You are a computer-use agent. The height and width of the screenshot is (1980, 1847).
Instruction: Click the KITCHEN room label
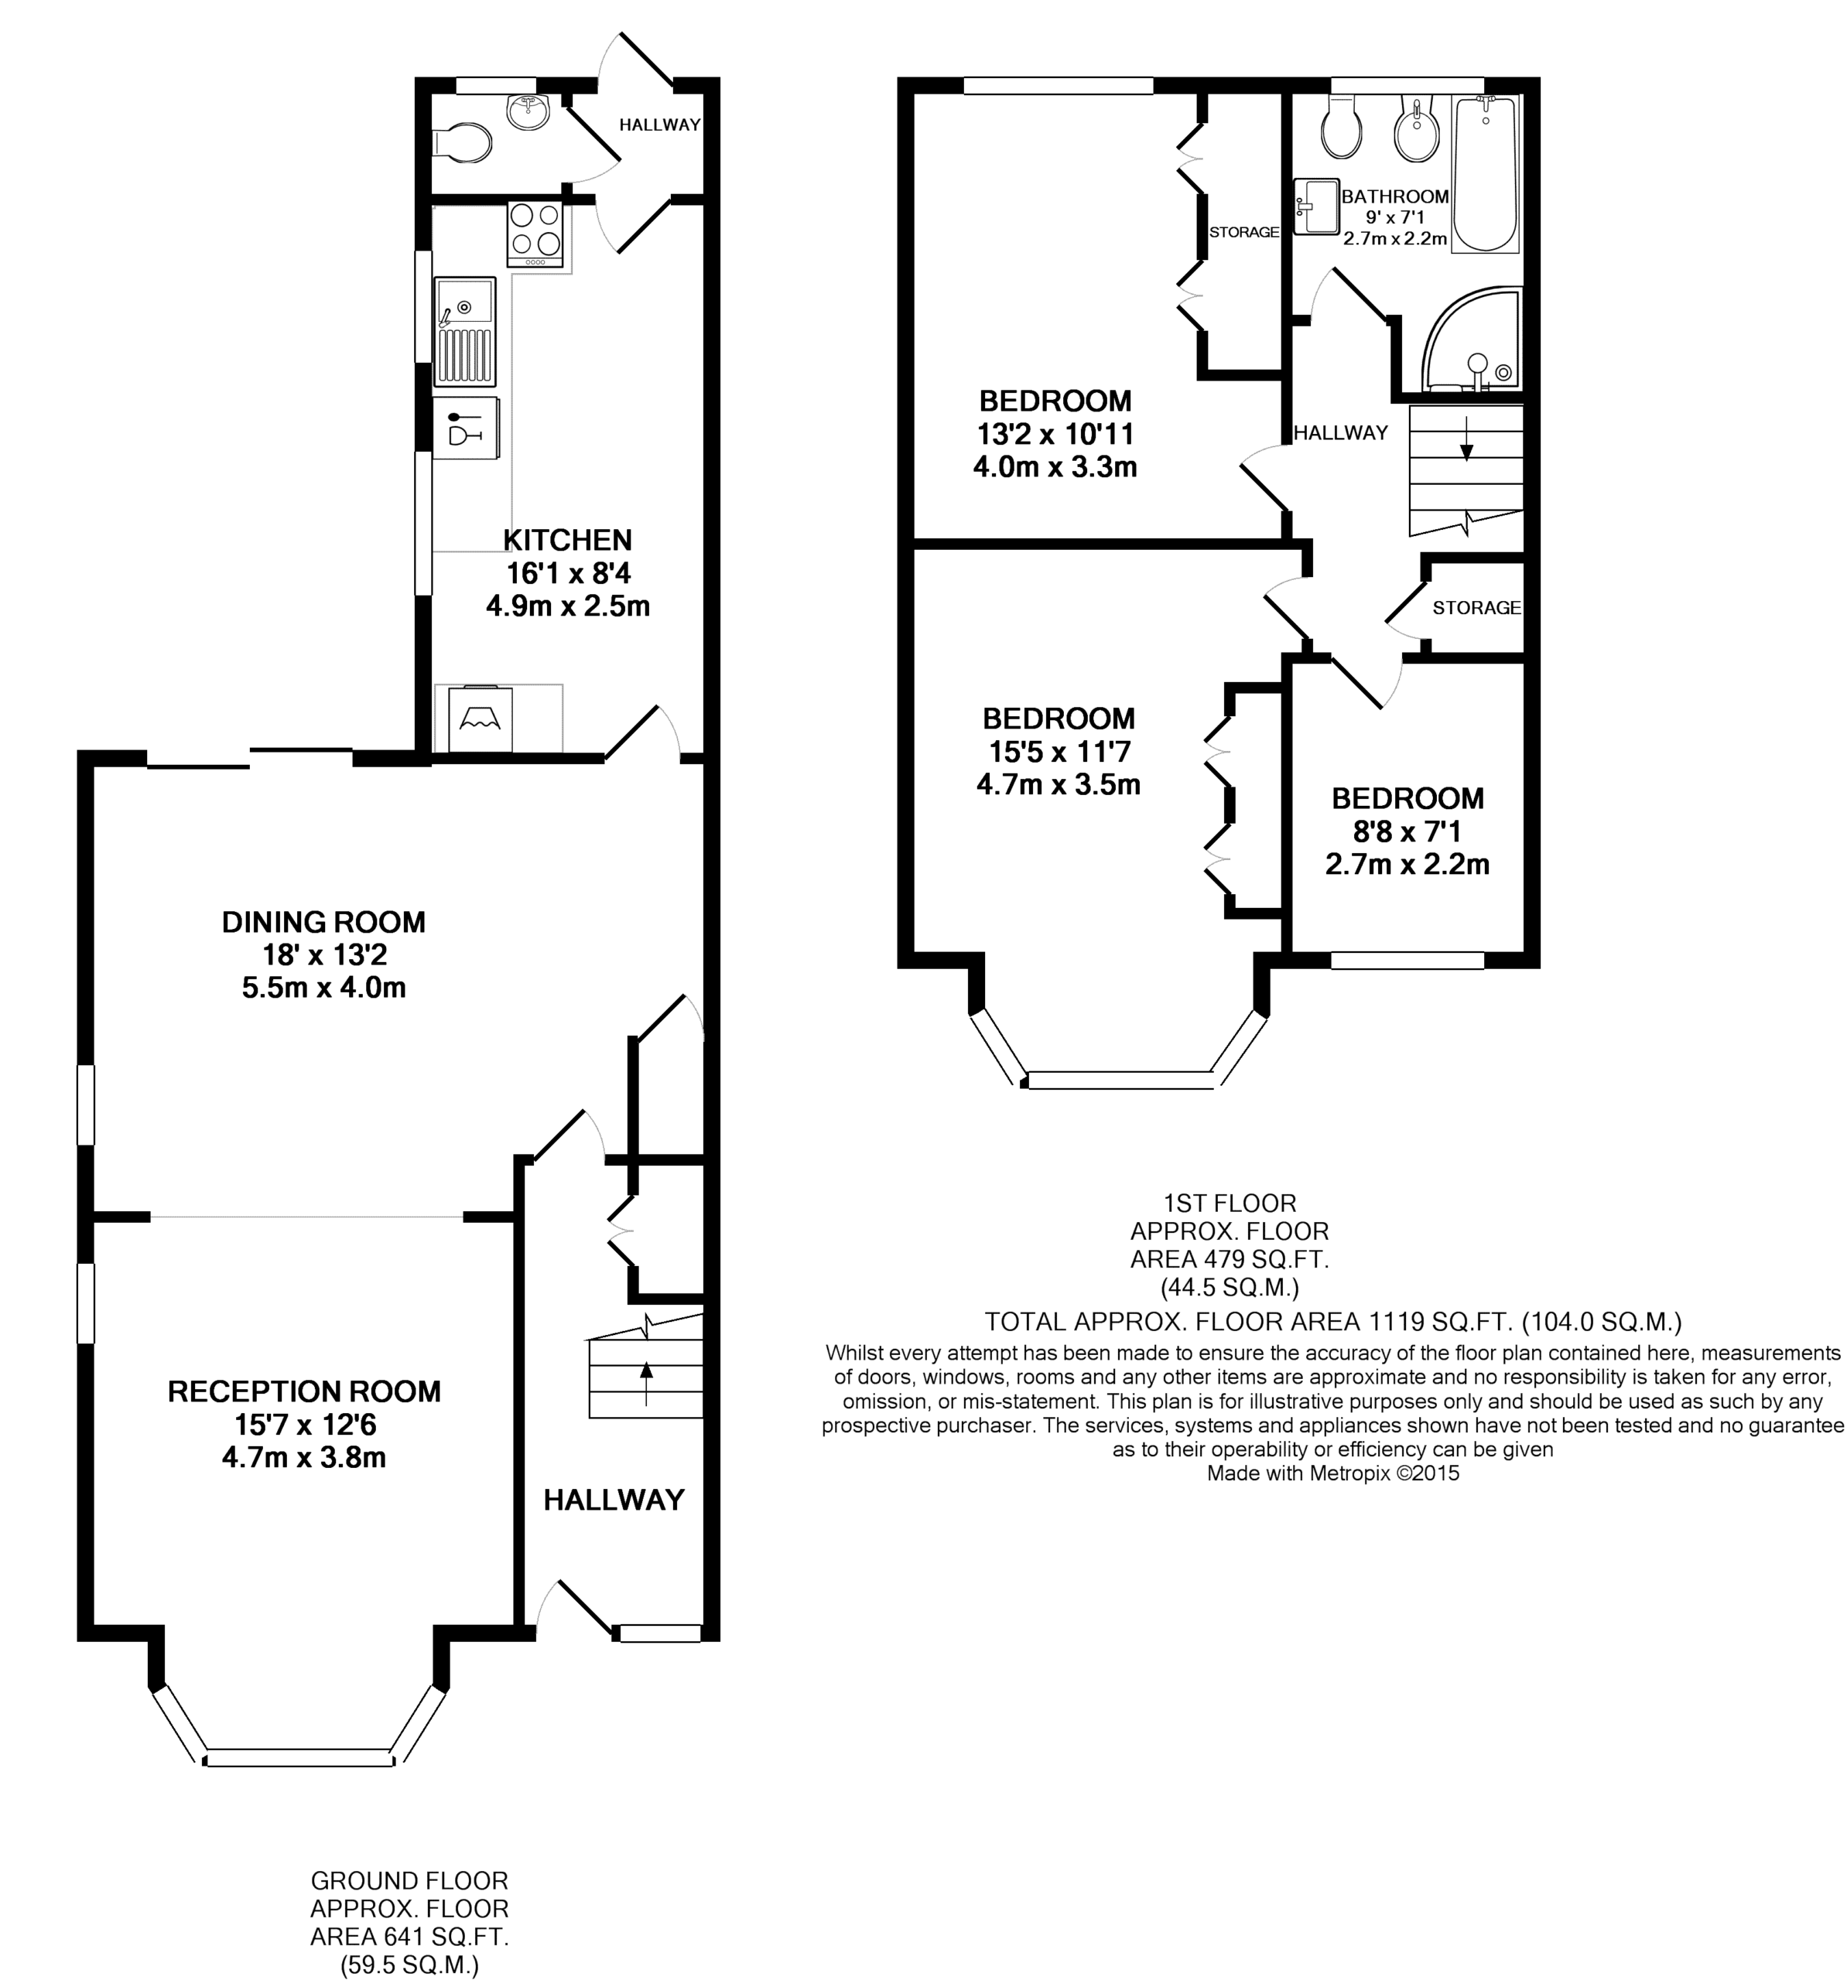point(567,540)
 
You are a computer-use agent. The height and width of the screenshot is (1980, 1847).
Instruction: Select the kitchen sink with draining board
point(464,332)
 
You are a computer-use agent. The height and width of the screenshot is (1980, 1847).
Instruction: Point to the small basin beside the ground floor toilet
point(527,111)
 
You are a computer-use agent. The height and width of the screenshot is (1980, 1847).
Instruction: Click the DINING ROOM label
point(323,922)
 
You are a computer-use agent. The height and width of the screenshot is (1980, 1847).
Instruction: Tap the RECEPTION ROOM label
point(304,1391)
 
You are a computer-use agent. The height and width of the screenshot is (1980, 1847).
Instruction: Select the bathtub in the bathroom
point(1484,173)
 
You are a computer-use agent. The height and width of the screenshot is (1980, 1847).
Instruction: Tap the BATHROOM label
point(1394,196)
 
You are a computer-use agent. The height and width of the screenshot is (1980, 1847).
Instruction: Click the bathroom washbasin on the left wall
point(1316,207)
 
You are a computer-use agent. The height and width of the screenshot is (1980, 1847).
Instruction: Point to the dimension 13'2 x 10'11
point(1055,434)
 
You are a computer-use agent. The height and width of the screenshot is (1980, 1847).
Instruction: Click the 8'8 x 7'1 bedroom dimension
point(1407,831)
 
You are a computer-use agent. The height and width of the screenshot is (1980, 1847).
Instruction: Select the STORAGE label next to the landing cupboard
point(1476,608)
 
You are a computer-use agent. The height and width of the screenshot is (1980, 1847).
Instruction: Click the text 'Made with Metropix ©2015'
point(1333,1473)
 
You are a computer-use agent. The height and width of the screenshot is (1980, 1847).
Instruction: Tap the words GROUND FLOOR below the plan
point(409,1880)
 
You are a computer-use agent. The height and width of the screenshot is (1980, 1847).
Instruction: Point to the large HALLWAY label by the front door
point(614,1500)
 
